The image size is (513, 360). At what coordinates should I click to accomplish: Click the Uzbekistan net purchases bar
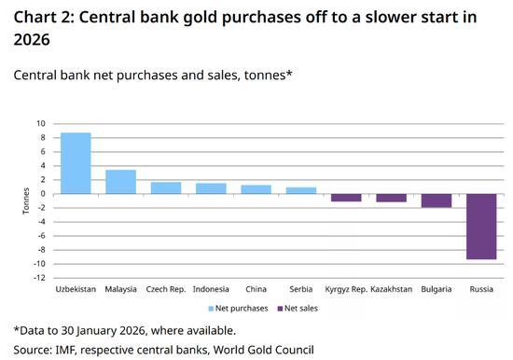[x=76, y=163]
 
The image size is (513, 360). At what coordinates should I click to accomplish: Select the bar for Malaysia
[x=121, y=182]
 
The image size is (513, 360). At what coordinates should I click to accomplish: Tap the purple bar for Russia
[x=482, y=226]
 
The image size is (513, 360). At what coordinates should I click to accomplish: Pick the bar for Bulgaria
[x=437, y=201]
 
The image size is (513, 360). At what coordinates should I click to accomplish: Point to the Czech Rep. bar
[x=166, y=187]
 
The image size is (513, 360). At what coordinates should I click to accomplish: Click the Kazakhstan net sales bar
[x=392, y=198]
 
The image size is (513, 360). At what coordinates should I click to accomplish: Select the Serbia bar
[x=301, y=190]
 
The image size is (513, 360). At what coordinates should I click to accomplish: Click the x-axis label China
[x=256, y=289]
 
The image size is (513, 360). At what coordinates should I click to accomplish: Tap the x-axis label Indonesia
[x=211, y=289]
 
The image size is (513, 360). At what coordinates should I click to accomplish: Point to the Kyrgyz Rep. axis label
[x=345, y=289]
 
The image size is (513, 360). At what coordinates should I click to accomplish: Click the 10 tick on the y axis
[x=40, y=123]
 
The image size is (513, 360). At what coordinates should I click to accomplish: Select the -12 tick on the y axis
[x=38, y=278]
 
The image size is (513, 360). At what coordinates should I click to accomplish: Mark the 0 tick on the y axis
[x=42, y=194]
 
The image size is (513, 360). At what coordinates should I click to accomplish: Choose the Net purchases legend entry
[x=243, y=308]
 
